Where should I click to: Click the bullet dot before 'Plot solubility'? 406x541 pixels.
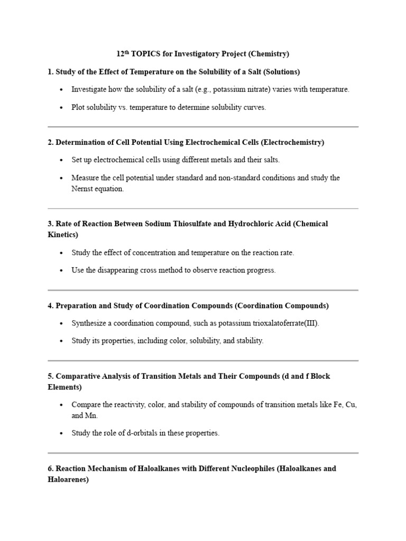coord(62,107)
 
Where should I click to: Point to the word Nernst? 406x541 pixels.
coord(84,189)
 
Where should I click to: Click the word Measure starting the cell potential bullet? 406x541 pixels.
coord(86,178)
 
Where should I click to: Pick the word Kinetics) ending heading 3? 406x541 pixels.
coord(63,234)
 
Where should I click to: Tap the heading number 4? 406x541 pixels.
coord(50,305)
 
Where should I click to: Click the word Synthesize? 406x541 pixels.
coord(90,323)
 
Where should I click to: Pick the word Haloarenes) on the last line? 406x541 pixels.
coord(68,479)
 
